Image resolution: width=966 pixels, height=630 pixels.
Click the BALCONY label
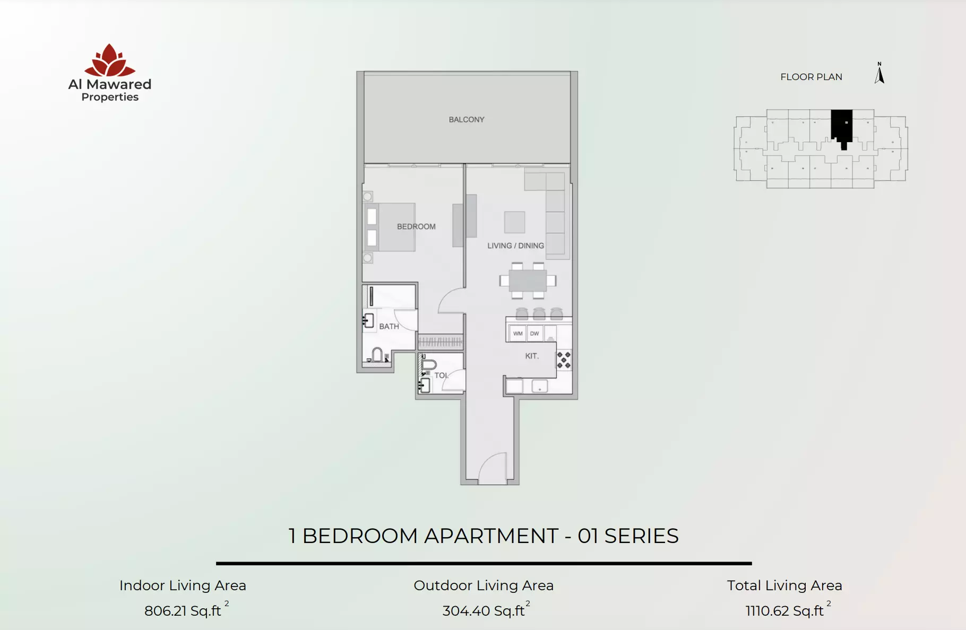(467, 119)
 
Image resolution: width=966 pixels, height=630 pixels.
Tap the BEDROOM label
(416, 226)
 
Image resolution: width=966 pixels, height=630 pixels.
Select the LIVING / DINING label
(515, 246)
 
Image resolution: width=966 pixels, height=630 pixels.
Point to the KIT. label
(532, 356)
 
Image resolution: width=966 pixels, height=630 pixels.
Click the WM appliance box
(517, 334)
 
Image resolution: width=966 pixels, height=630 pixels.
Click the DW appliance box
(534, 334)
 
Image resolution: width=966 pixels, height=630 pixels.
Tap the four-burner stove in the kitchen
(564, 360)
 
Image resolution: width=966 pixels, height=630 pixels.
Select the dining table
(528, 281)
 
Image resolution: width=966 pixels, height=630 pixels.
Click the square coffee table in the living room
(514, 222)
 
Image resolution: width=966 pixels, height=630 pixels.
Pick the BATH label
(389, 326)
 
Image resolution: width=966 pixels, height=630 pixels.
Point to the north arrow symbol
(879, 73)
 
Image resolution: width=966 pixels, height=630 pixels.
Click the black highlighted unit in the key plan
(842, 128)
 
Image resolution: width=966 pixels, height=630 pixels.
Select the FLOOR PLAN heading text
(811, 77)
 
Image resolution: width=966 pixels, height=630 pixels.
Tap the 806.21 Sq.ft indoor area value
(183, 611)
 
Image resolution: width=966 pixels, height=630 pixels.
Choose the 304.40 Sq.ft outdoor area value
(484, 611)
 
